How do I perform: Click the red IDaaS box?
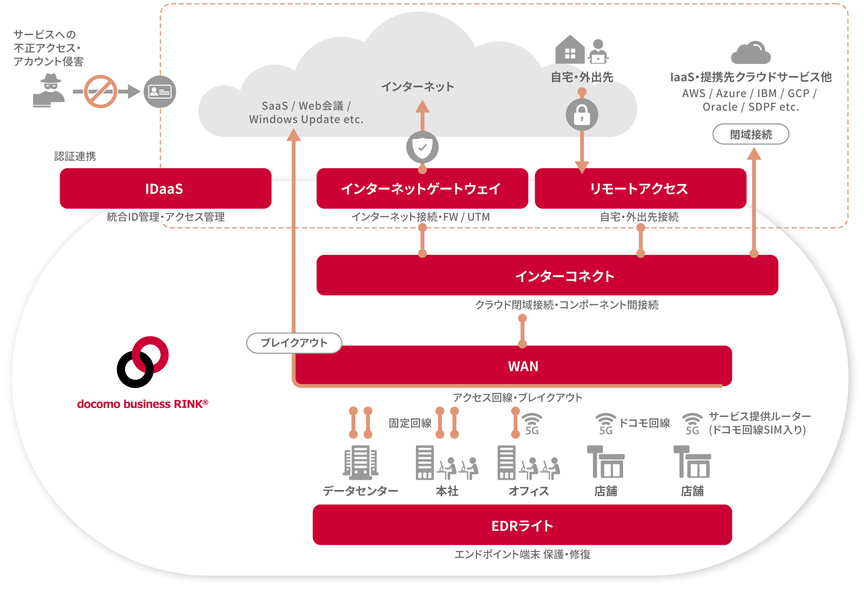point(165,188)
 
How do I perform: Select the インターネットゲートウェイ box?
point(422,188)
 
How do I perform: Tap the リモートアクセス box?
point(640,188)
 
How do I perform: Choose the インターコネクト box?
point(547,276)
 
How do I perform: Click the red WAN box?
point(523,366)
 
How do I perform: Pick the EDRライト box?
point(522,525)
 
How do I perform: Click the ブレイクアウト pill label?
point(294,343)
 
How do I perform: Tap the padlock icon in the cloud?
point(582,115)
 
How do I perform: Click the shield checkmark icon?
point(422,147)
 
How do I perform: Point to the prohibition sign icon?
point(100,91)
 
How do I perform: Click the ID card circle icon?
point(160,91)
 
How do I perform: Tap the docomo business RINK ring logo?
point(142,362)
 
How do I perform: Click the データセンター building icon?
point(360,462)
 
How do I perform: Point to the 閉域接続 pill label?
point(750,134)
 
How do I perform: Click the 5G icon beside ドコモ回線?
point(605,424)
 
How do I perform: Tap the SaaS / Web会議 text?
point(306,106)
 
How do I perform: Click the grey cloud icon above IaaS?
point(751,52)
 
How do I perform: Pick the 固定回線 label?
point(410,423)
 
